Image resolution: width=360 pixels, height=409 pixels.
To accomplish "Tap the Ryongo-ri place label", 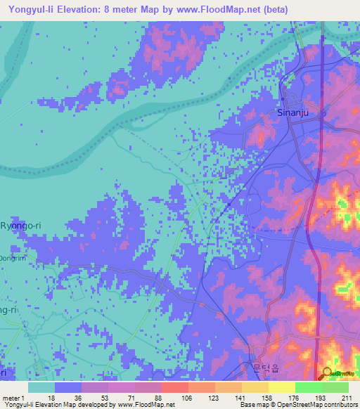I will pos(21,226).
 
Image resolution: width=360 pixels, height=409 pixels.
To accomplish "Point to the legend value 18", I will pos(51,398).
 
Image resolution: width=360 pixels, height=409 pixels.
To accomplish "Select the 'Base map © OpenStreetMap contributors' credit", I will pos(298,405).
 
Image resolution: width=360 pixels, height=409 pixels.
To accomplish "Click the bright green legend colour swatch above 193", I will pos(308,387).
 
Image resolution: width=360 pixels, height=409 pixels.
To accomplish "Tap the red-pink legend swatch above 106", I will pos(174,387).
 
